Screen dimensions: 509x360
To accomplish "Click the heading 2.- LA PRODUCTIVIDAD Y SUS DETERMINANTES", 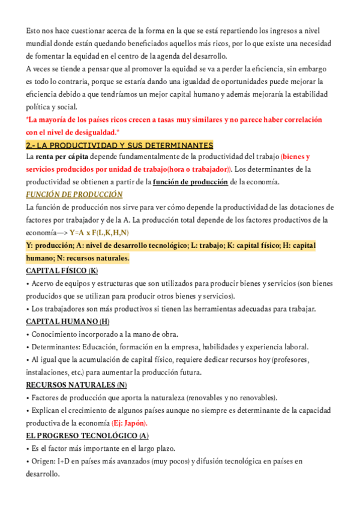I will pyautogui.click(x=119, y=145).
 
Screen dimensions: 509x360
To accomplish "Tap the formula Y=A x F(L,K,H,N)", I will pyautogui.click(x=98, y=232).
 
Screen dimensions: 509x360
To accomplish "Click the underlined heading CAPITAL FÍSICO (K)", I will pyautogui.click(x=62, y=271).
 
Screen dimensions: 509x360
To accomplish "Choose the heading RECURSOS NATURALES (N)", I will pyautogui.click(x=76, y=385).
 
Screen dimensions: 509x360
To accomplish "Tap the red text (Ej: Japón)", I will pyautogui.click(x=129, y=423).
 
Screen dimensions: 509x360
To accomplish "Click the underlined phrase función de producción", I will pyautogui.click(x=190, y=182).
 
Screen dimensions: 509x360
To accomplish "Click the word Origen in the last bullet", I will pyautogui.click(x=43, y=460).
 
